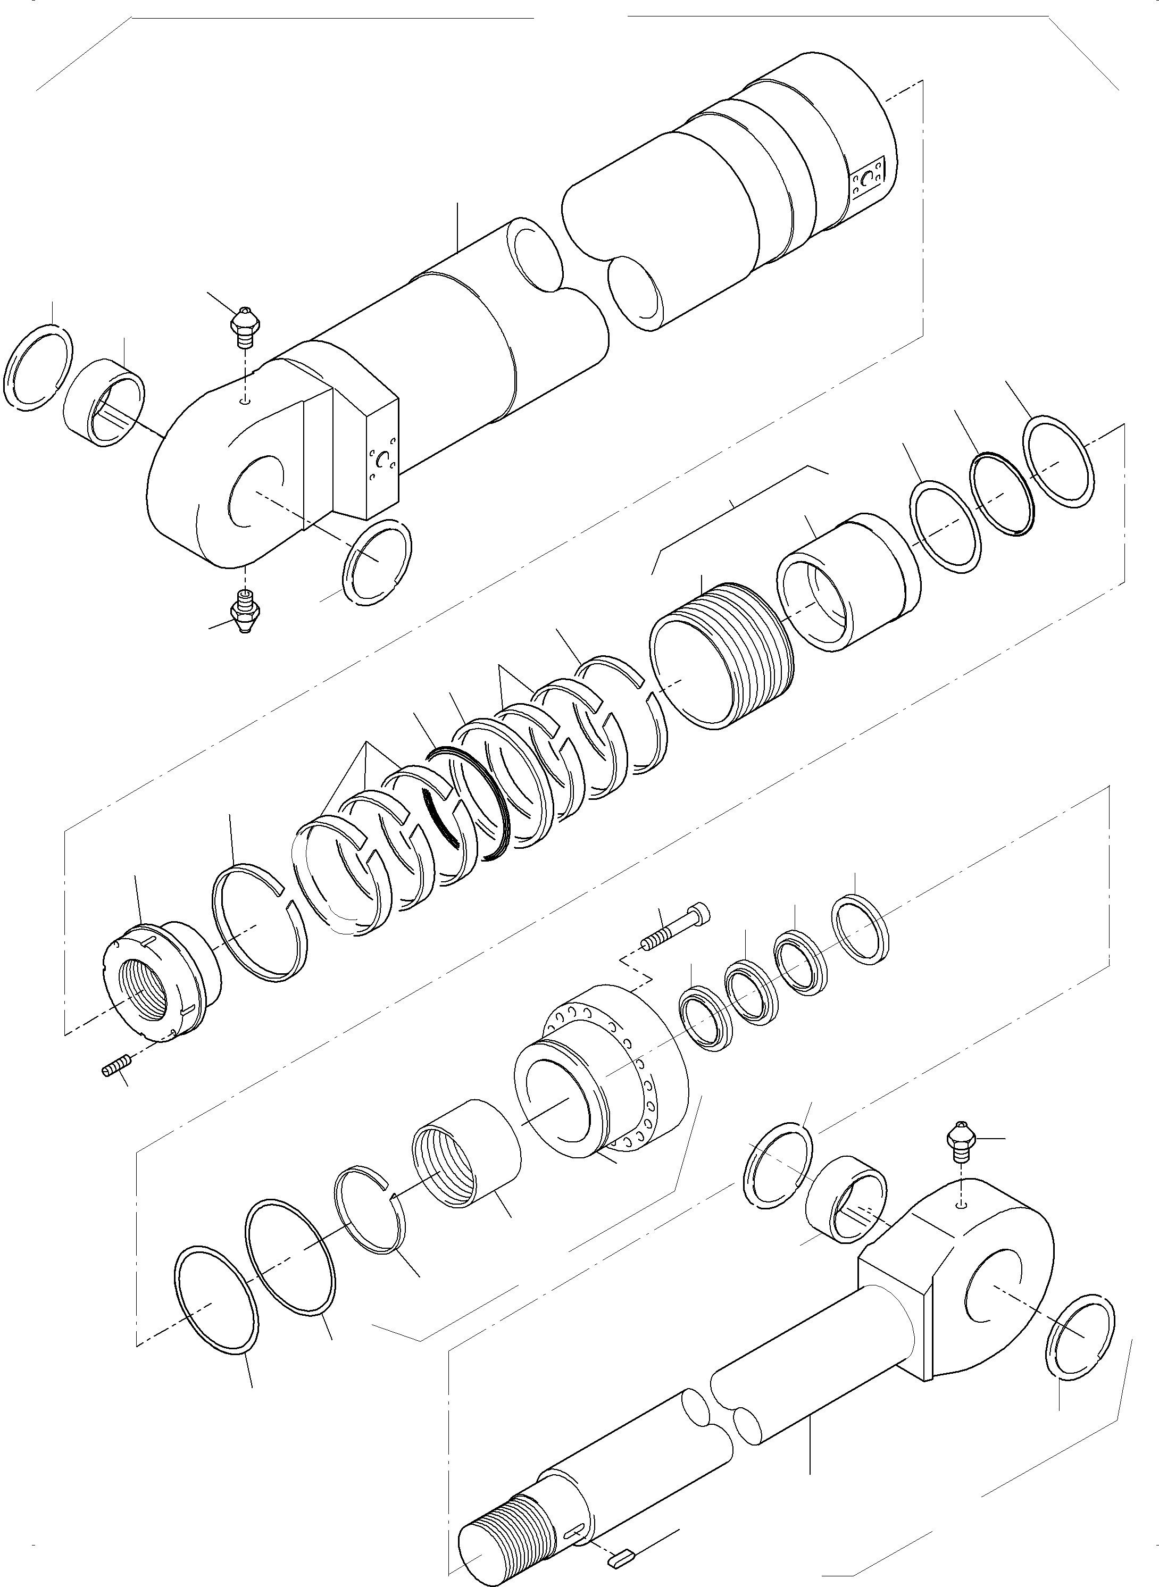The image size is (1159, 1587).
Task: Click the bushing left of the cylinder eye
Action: tap(105, 402)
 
